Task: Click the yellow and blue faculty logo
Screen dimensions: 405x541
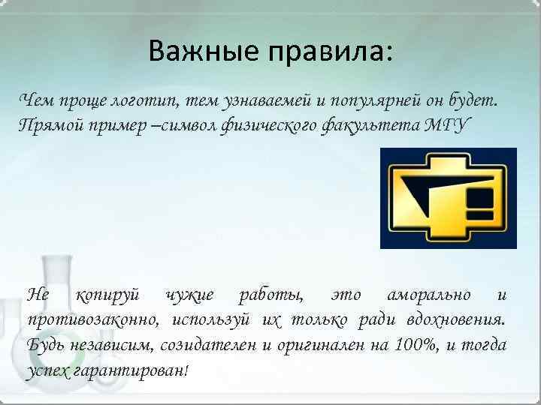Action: (448, 198)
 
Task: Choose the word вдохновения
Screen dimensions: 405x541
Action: (455, 320)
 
